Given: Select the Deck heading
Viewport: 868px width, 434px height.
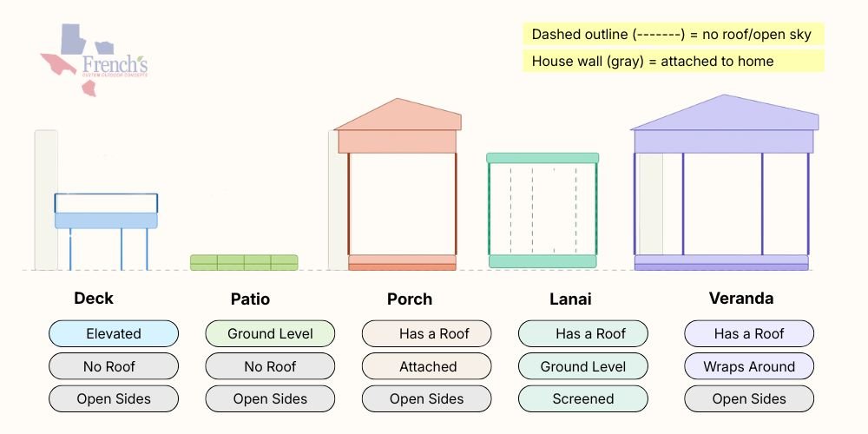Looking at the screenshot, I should [94, 299].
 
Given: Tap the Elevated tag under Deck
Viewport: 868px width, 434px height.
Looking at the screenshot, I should [114, 333].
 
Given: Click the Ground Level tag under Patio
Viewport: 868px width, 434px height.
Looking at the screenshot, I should [270, 333].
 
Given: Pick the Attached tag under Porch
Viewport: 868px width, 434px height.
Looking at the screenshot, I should [427, 366].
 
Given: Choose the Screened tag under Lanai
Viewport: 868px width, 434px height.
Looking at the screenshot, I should [583, 399].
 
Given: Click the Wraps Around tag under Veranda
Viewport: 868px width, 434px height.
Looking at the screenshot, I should [749, 366].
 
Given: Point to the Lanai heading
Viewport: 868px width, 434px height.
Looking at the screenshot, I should [570, 299].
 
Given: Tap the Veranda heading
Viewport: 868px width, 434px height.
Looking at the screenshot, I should [740, 299].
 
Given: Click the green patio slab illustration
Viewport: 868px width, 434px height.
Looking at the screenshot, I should [244, 262].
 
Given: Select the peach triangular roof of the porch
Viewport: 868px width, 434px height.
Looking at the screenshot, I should [398, 116].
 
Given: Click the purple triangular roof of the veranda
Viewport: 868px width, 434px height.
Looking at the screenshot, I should [724, 114].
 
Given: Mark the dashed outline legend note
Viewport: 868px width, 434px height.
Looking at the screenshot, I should [672, 35].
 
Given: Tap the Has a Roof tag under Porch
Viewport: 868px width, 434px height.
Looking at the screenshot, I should [427, 333].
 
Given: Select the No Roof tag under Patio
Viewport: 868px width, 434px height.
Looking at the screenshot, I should [270, 366].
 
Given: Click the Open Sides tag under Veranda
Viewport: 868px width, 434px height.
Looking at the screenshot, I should [749, 399].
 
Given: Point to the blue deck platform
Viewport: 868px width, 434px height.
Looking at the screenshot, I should [107, 220].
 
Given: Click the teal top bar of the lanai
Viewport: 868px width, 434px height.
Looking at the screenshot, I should [542, 158].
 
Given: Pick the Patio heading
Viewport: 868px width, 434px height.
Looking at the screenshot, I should [250, 299].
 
